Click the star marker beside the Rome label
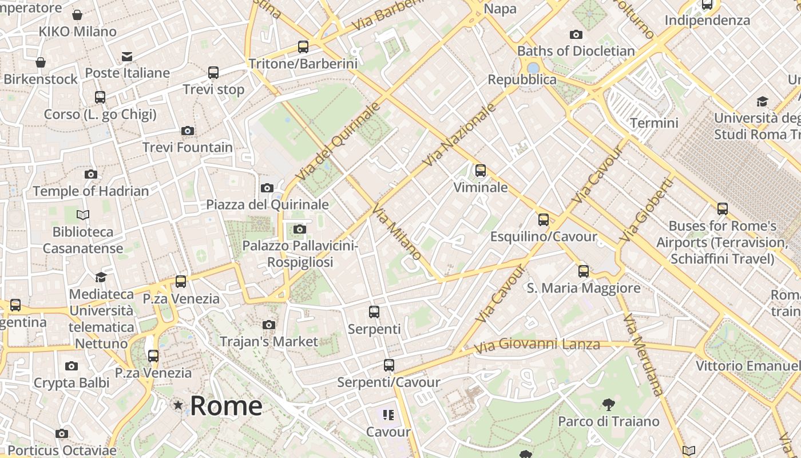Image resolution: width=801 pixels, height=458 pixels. pos(179,405)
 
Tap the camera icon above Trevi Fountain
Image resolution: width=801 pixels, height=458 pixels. pos(187,131)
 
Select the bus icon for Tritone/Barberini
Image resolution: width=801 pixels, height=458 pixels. pos(303,47)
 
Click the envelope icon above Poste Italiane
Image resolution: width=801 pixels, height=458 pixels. pos(127,57)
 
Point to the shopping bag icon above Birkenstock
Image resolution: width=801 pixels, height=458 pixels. pos(41,62)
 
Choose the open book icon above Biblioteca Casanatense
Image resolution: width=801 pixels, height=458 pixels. pos(83,215)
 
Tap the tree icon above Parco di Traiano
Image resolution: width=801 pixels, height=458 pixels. pos(609,405)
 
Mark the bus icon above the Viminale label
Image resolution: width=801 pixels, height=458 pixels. pos(481,170)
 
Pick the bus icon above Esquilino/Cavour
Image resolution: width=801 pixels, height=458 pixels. pos(544,220)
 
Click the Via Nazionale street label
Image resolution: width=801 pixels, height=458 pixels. pos(459,135)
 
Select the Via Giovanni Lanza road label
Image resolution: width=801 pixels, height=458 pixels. pos(537,345)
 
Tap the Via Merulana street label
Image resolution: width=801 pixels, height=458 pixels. pos(643,354)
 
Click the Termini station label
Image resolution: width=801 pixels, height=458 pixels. pos(654,123)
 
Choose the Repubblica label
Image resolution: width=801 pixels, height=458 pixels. pos(522,80)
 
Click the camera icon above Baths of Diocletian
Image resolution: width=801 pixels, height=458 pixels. pos(576,35)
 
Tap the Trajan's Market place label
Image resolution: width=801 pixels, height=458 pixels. pos(269,342)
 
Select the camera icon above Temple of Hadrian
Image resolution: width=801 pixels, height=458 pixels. pos(90,175)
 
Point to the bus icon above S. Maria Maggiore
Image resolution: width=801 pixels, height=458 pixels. pos(584,271)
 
